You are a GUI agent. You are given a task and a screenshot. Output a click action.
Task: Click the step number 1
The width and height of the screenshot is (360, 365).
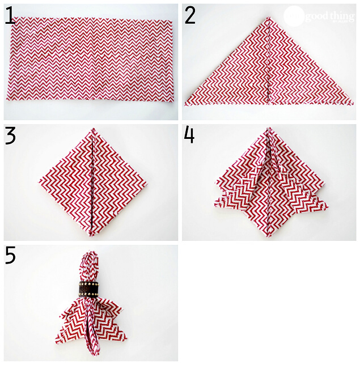tap(10, 15)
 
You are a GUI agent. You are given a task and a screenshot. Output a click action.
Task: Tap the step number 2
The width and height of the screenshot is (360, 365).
tap(190, 15)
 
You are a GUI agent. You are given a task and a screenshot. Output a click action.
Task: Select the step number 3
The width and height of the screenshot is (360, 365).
tap(10, 137)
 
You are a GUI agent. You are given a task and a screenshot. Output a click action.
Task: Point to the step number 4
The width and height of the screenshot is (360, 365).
tap(189, 136)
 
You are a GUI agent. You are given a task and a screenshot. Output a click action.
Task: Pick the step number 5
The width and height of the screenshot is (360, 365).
tap(10, 256)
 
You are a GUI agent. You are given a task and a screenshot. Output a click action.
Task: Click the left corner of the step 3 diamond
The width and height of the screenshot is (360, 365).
tap(40, 182)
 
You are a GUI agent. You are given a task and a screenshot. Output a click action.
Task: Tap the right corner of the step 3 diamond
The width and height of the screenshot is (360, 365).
tap(144, 182)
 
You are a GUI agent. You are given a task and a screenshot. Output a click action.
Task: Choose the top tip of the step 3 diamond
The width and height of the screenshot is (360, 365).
tap(91, 131)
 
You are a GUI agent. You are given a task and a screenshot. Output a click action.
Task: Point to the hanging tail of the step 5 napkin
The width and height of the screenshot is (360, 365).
tap(91, 334)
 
